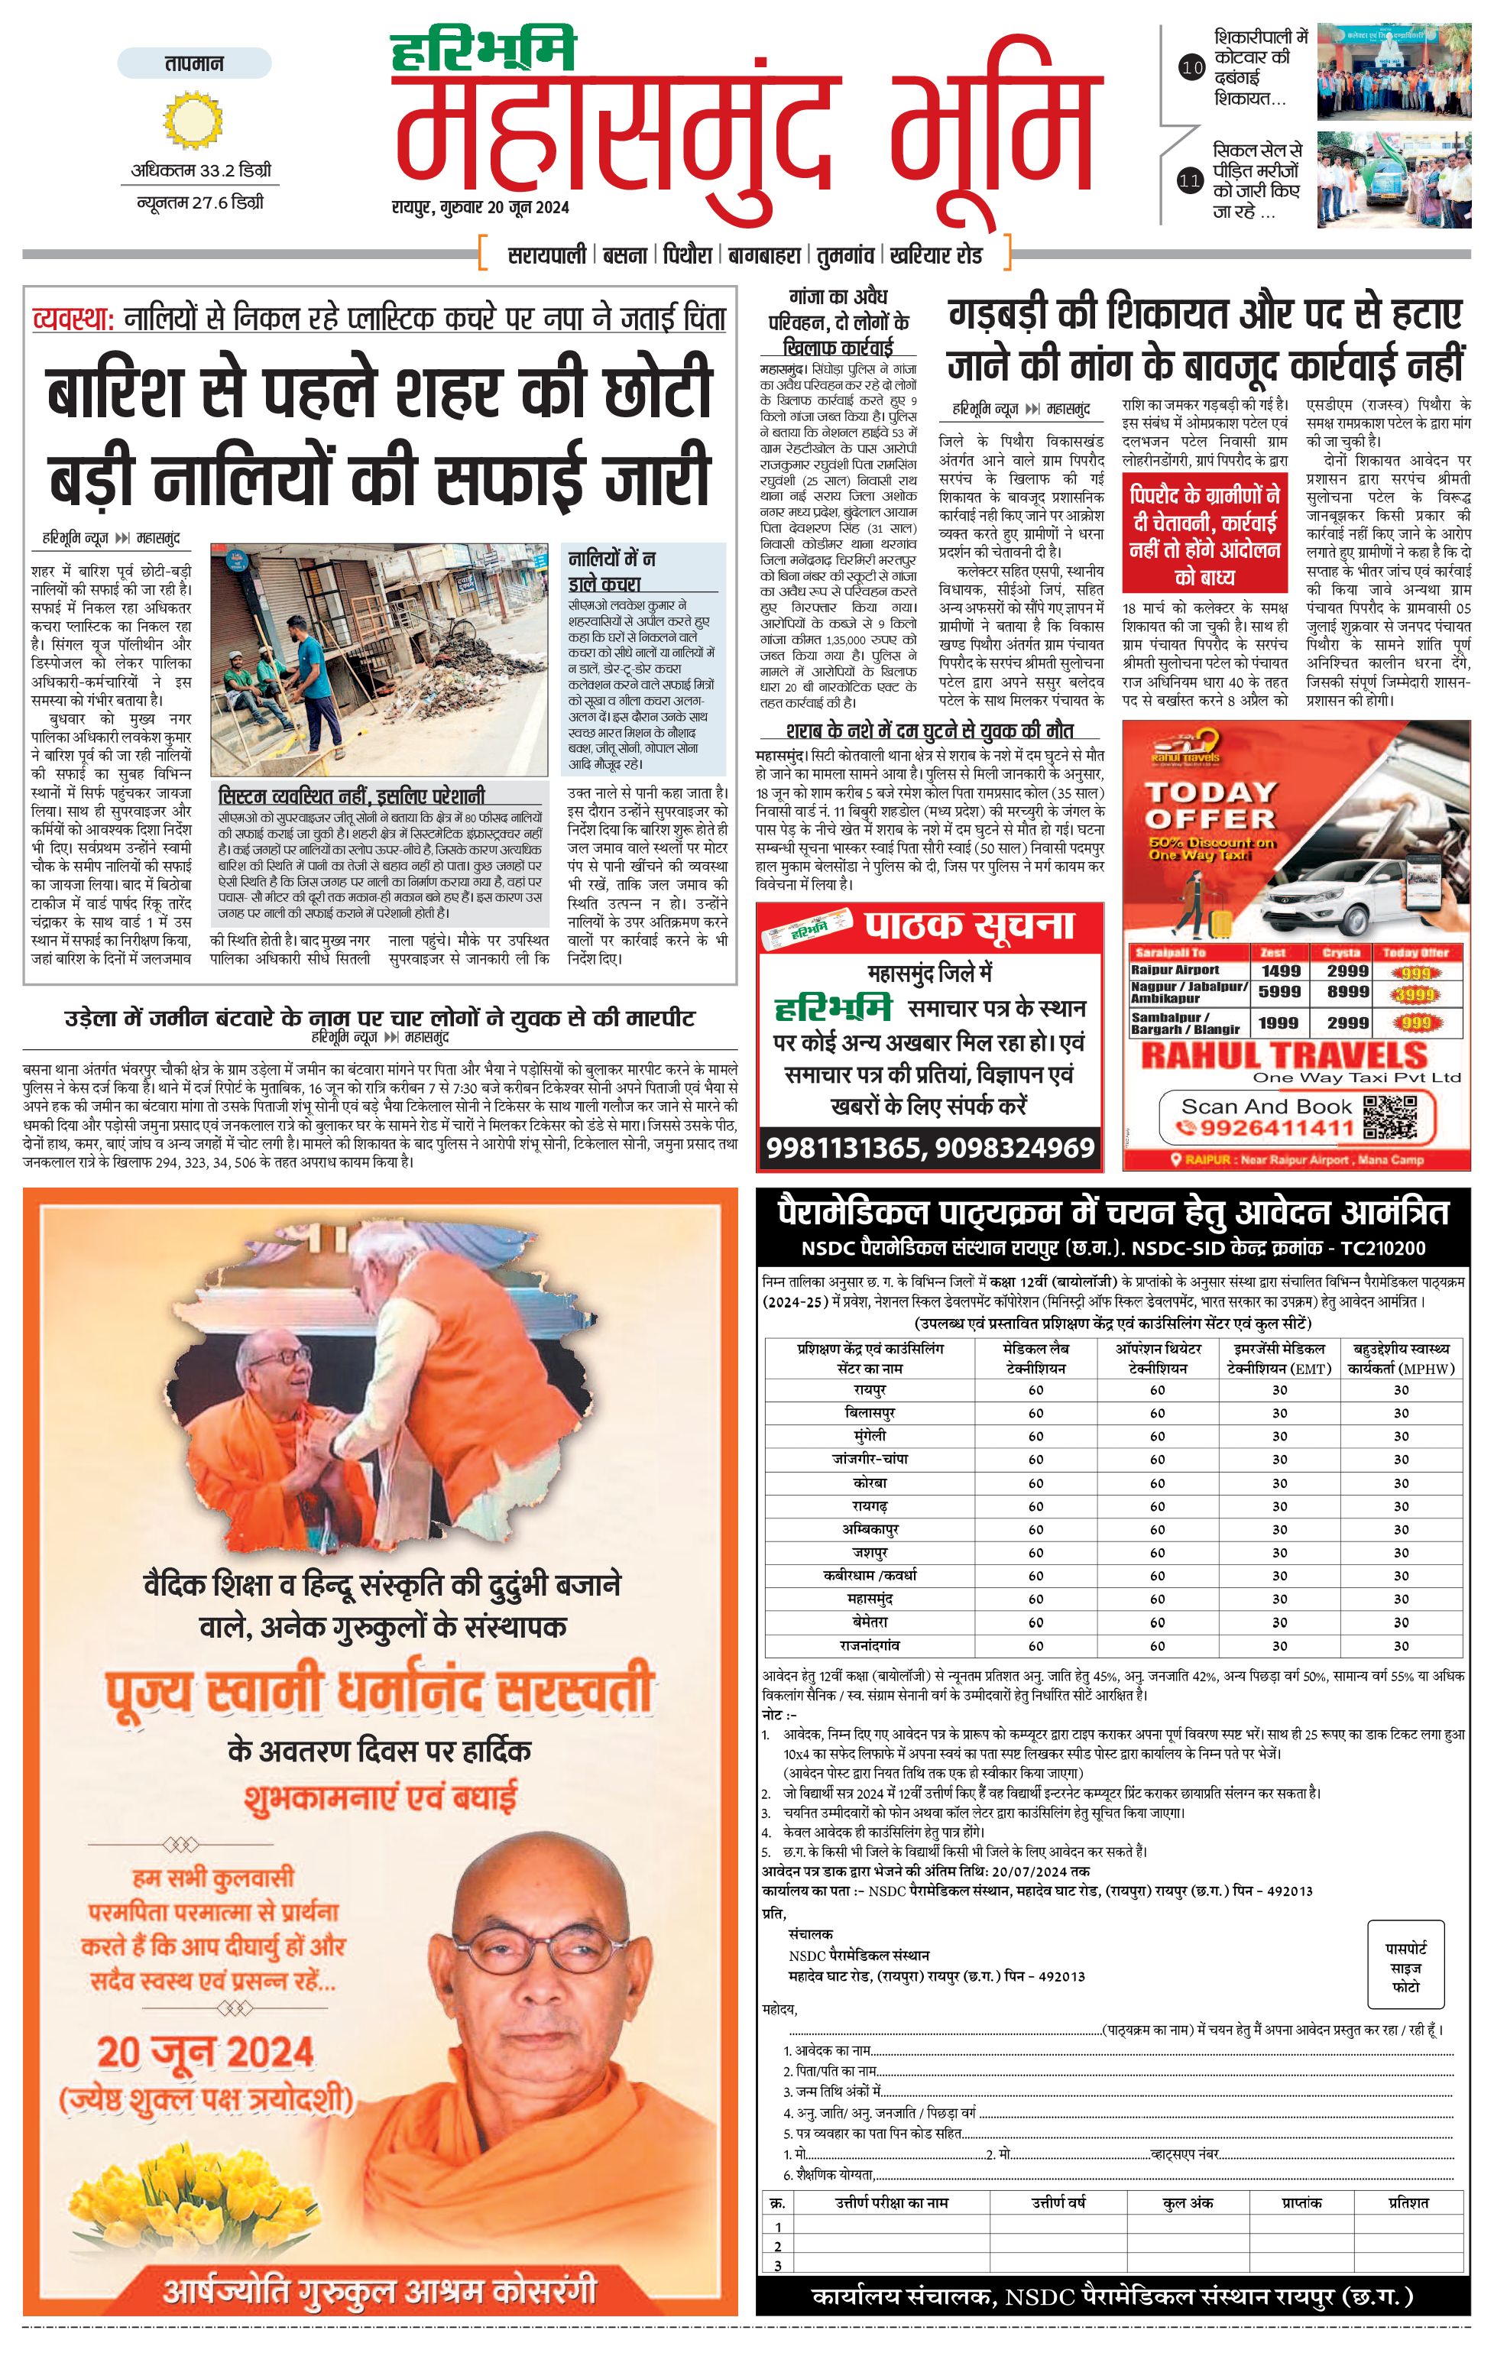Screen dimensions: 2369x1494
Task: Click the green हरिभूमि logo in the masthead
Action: [483, 51]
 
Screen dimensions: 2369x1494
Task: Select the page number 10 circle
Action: [1191, 68]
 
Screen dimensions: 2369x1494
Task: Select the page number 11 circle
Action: [1190, 181]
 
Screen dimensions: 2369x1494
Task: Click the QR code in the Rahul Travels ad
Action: [1390, 1116]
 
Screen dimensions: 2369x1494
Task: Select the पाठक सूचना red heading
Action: [969, 925]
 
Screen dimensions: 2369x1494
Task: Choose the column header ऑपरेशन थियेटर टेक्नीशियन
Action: [1158, 1359]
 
